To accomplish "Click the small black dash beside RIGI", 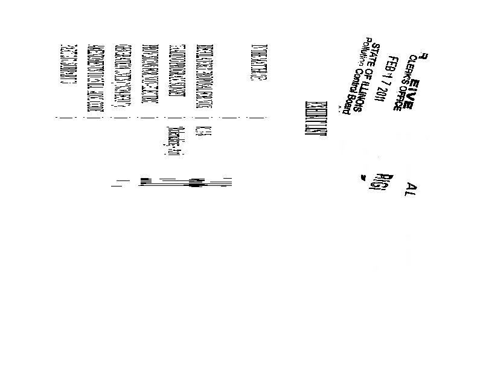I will [x=363, y=177].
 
